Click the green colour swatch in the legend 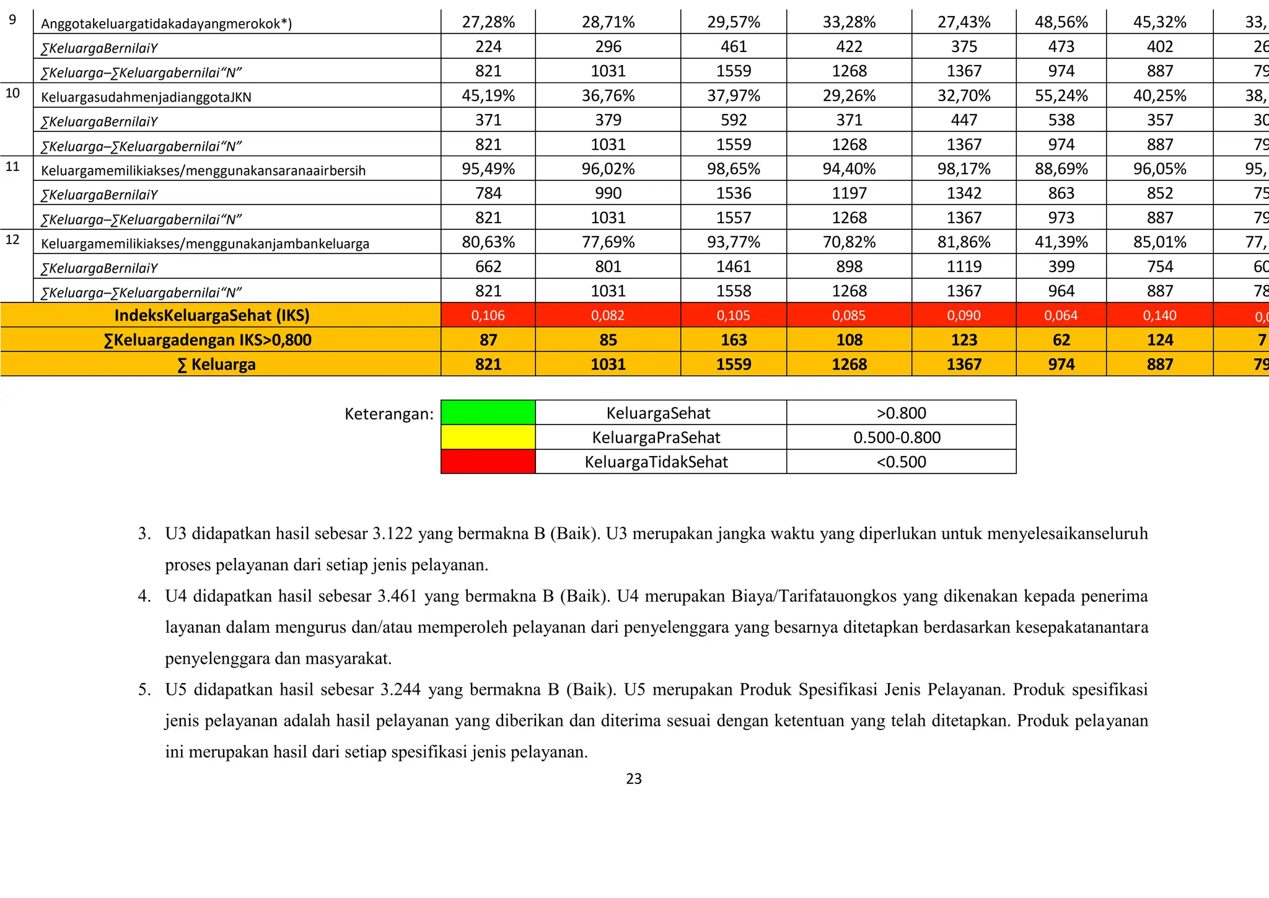coord(488,413)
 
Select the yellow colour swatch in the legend coord(488,437)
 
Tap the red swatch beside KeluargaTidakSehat coord(488,462)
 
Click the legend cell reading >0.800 coord(901,413)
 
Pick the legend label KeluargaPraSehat coord(656,438)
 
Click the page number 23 coord(634,779)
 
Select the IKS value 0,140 coord(1159,315)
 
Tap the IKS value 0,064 coord(1061,315)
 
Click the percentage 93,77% coord(734,242)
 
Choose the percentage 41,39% coord(1061,242)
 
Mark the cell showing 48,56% coord(1061,22)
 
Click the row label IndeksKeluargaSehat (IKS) coord(212,315)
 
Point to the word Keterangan coord(389,414)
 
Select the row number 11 coord(12,166)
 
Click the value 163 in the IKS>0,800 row coord(734,340)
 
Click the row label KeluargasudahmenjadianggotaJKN coord(146,97)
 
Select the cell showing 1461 coord(734,266)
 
